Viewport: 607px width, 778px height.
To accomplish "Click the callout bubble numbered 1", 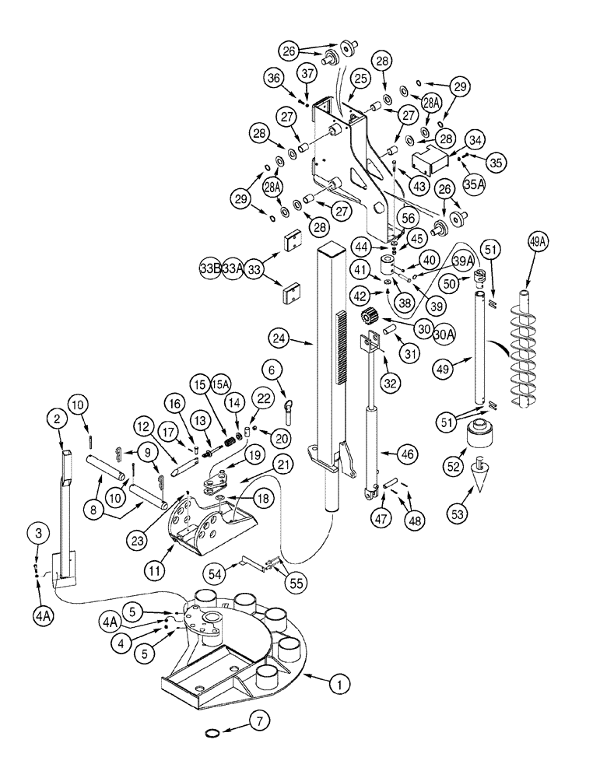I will pyautogui.click(x=339, y=685).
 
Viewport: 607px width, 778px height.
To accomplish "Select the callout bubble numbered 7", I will pyautogui.click(x=263, y=720).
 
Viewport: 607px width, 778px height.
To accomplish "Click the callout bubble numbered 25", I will pyautogui.click(x=360, y=79).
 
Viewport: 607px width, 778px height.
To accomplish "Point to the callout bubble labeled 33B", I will pyautogui.click(x=209, y=268).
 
